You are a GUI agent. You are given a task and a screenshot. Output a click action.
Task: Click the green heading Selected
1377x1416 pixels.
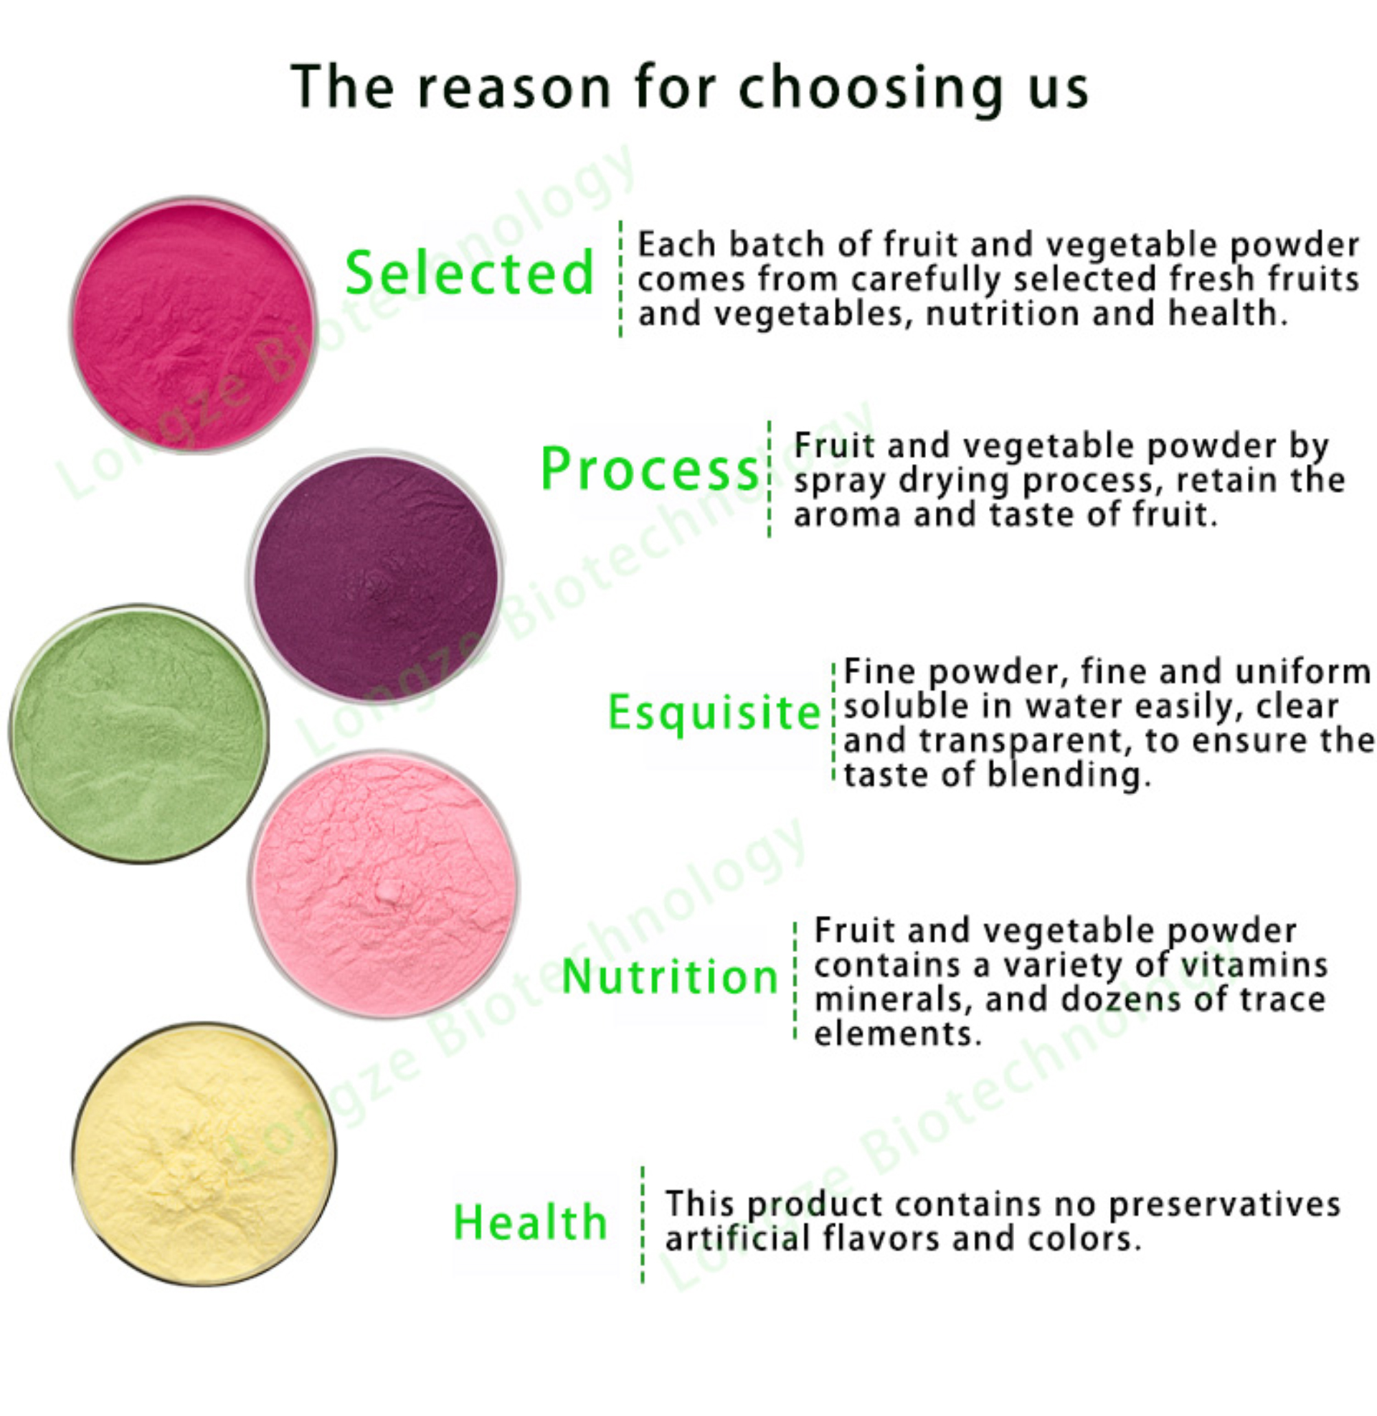(469, 273)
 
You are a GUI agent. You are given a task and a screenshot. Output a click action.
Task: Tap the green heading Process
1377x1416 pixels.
(650, 468)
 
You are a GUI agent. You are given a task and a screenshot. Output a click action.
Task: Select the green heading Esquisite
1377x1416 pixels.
(714, 712)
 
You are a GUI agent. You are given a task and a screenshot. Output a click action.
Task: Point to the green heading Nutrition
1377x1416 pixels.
(669, 976)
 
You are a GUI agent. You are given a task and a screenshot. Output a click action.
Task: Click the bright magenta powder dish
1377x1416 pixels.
(193, 325)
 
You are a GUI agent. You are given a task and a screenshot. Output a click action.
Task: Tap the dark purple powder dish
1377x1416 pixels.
(375, 577)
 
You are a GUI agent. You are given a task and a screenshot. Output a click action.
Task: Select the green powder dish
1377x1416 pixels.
(139, 733)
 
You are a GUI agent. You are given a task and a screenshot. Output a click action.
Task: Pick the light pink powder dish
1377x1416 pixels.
(384, 884)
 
